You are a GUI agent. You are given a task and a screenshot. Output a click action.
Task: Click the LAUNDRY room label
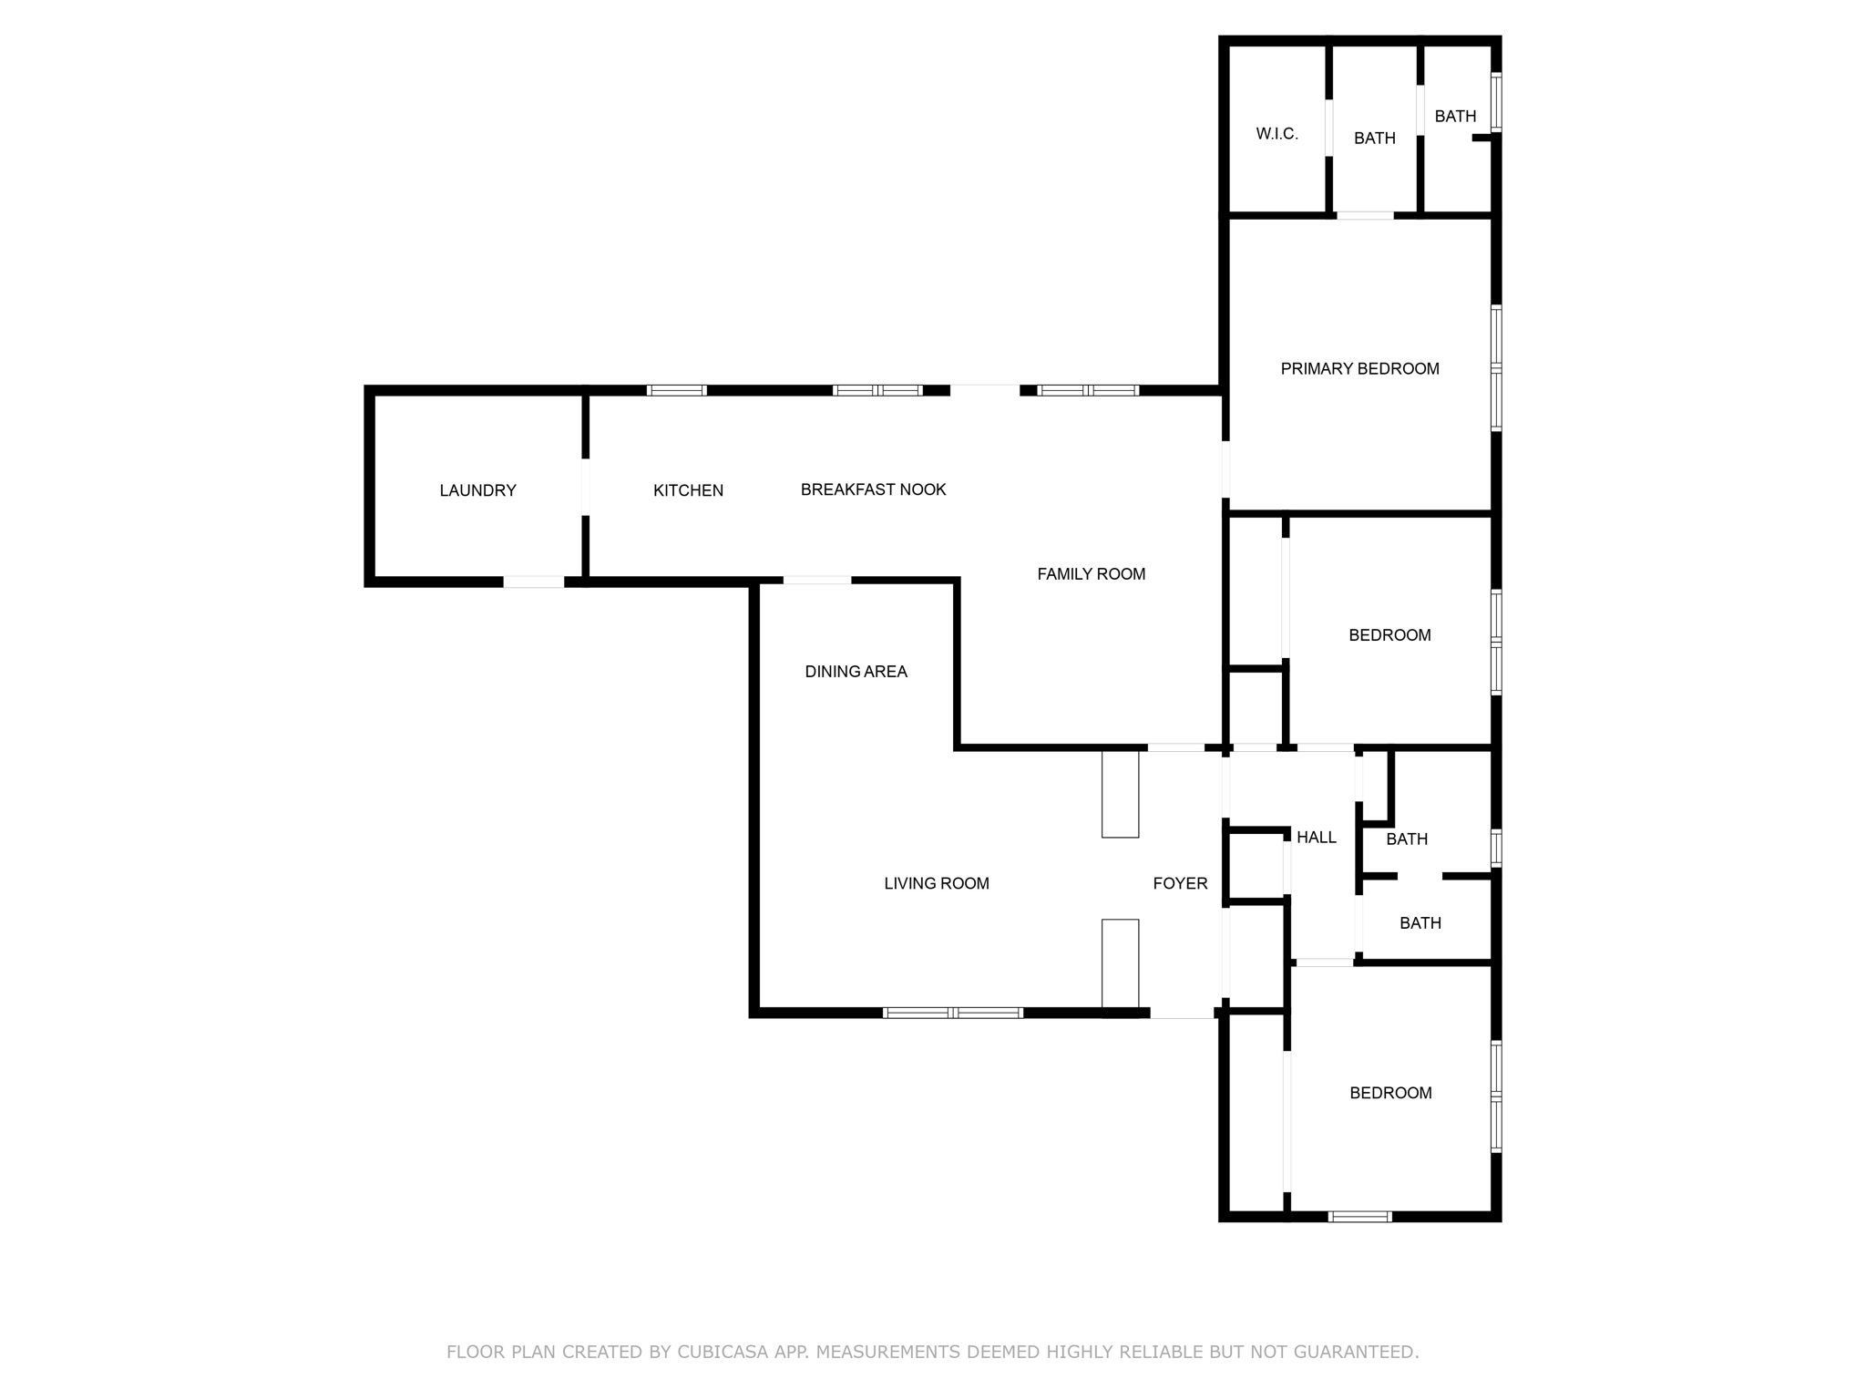[477, 490]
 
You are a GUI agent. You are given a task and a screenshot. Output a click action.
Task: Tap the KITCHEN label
[688, 490]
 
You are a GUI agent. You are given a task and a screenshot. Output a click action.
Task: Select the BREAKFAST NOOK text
[873, 489]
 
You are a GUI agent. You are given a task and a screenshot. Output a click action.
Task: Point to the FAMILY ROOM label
[1091, 573]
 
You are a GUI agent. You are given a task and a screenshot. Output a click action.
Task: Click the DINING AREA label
[856, 672]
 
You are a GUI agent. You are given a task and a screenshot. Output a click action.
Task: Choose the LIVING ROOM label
[936, 883]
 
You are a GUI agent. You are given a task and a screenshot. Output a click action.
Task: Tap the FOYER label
[1180, 883]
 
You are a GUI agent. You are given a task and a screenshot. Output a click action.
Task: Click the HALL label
[1316, 837]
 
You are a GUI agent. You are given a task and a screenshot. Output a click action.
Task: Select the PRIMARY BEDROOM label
[1359, 368]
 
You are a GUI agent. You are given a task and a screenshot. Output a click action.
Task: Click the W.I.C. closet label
[1276, 134]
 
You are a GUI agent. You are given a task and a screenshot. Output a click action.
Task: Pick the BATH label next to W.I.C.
[1374, 139]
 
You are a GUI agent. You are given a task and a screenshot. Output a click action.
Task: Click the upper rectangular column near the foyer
[1120, 794]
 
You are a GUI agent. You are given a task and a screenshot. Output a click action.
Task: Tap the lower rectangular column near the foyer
[1120, 963]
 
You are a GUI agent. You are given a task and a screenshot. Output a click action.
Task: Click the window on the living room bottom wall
[952, 1013]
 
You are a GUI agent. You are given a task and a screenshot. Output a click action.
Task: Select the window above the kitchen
[676, 390]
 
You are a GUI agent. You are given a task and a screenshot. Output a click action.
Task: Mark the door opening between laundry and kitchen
[585, 487]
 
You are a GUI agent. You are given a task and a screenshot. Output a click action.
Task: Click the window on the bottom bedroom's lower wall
[1359, 1216]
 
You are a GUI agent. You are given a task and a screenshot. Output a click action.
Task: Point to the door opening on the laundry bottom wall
[534, 582]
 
